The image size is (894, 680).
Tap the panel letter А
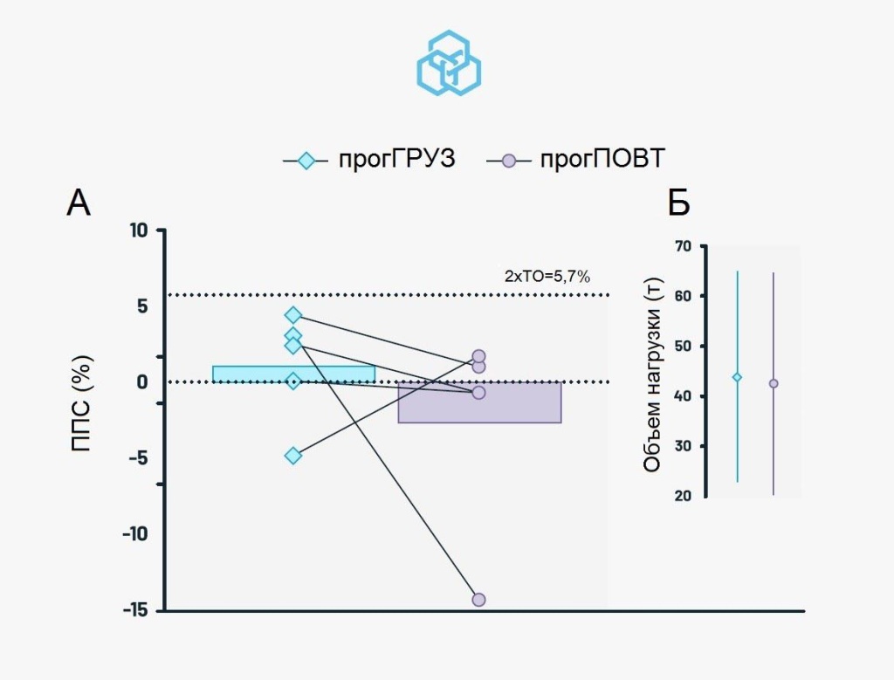(79, 203)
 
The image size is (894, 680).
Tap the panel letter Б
(679, 203)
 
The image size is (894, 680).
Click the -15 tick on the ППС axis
(136, 610)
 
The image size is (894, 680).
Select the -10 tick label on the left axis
(136, 534)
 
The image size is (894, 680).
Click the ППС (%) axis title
(81, 402)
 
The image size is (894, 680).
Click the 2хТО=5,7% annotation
(547, 277)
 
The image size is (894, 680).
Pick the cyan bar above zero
(293, 374)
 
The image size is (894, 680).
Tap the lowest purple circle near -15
(478, 600)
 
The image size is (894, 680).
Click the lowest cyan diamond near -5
(293, 456)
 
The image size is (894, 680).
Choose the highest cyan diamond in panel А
(293, 315)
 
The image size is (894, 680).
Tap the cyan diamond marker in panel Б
(737, 377)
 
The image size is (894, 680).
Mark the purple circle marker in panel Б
(774, 383)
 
